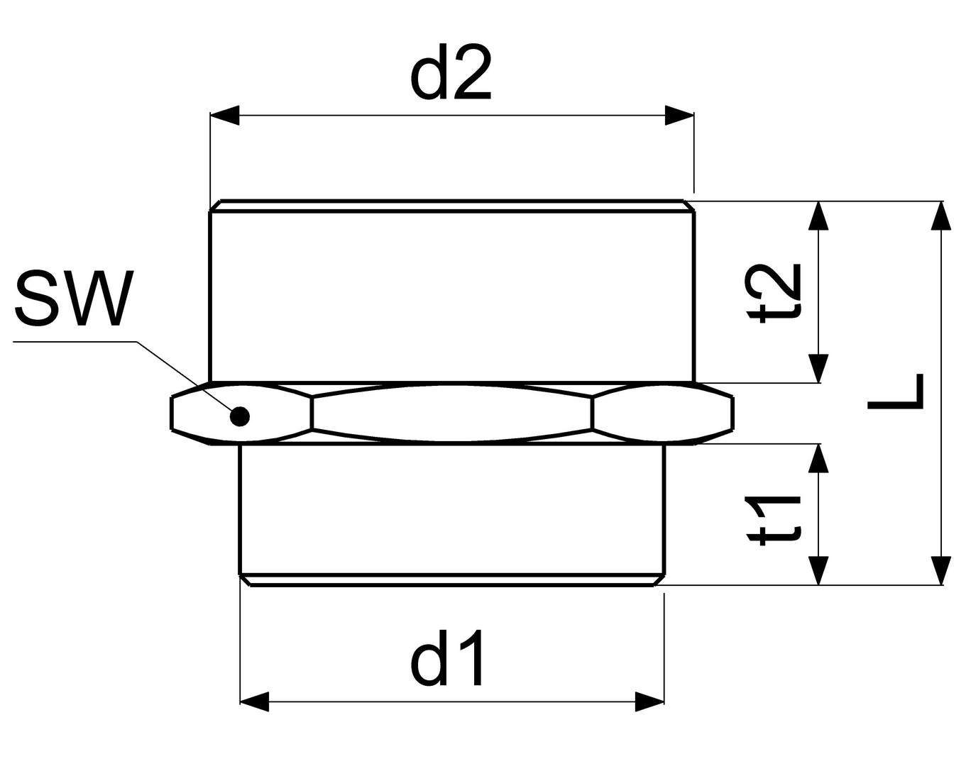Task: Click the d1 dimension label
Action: (448, 657)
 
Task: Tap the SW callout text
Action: (74, 299)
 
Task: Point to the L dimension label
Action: (896, 392)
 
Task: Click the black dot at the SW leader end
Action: (241, 416)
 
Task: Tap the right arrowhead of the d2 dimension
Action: (679, 116)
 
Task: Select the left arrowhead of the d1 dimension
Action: (255, 702)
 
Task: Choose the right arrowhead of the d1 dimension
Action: (649, 702)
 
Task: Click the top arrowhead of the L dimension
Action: (942, 216)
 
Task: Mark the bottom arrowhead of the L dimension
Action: (942, 570)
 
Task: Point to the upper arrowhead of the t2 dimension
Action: (819, 216)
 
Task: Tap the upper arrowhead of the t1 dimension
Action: (819, 458)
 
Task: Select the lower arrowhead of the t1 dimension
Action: (819, 570)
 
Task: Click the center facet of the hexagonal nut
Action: (451, 413)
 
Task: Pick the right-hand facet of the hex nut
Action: (662, 413)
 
